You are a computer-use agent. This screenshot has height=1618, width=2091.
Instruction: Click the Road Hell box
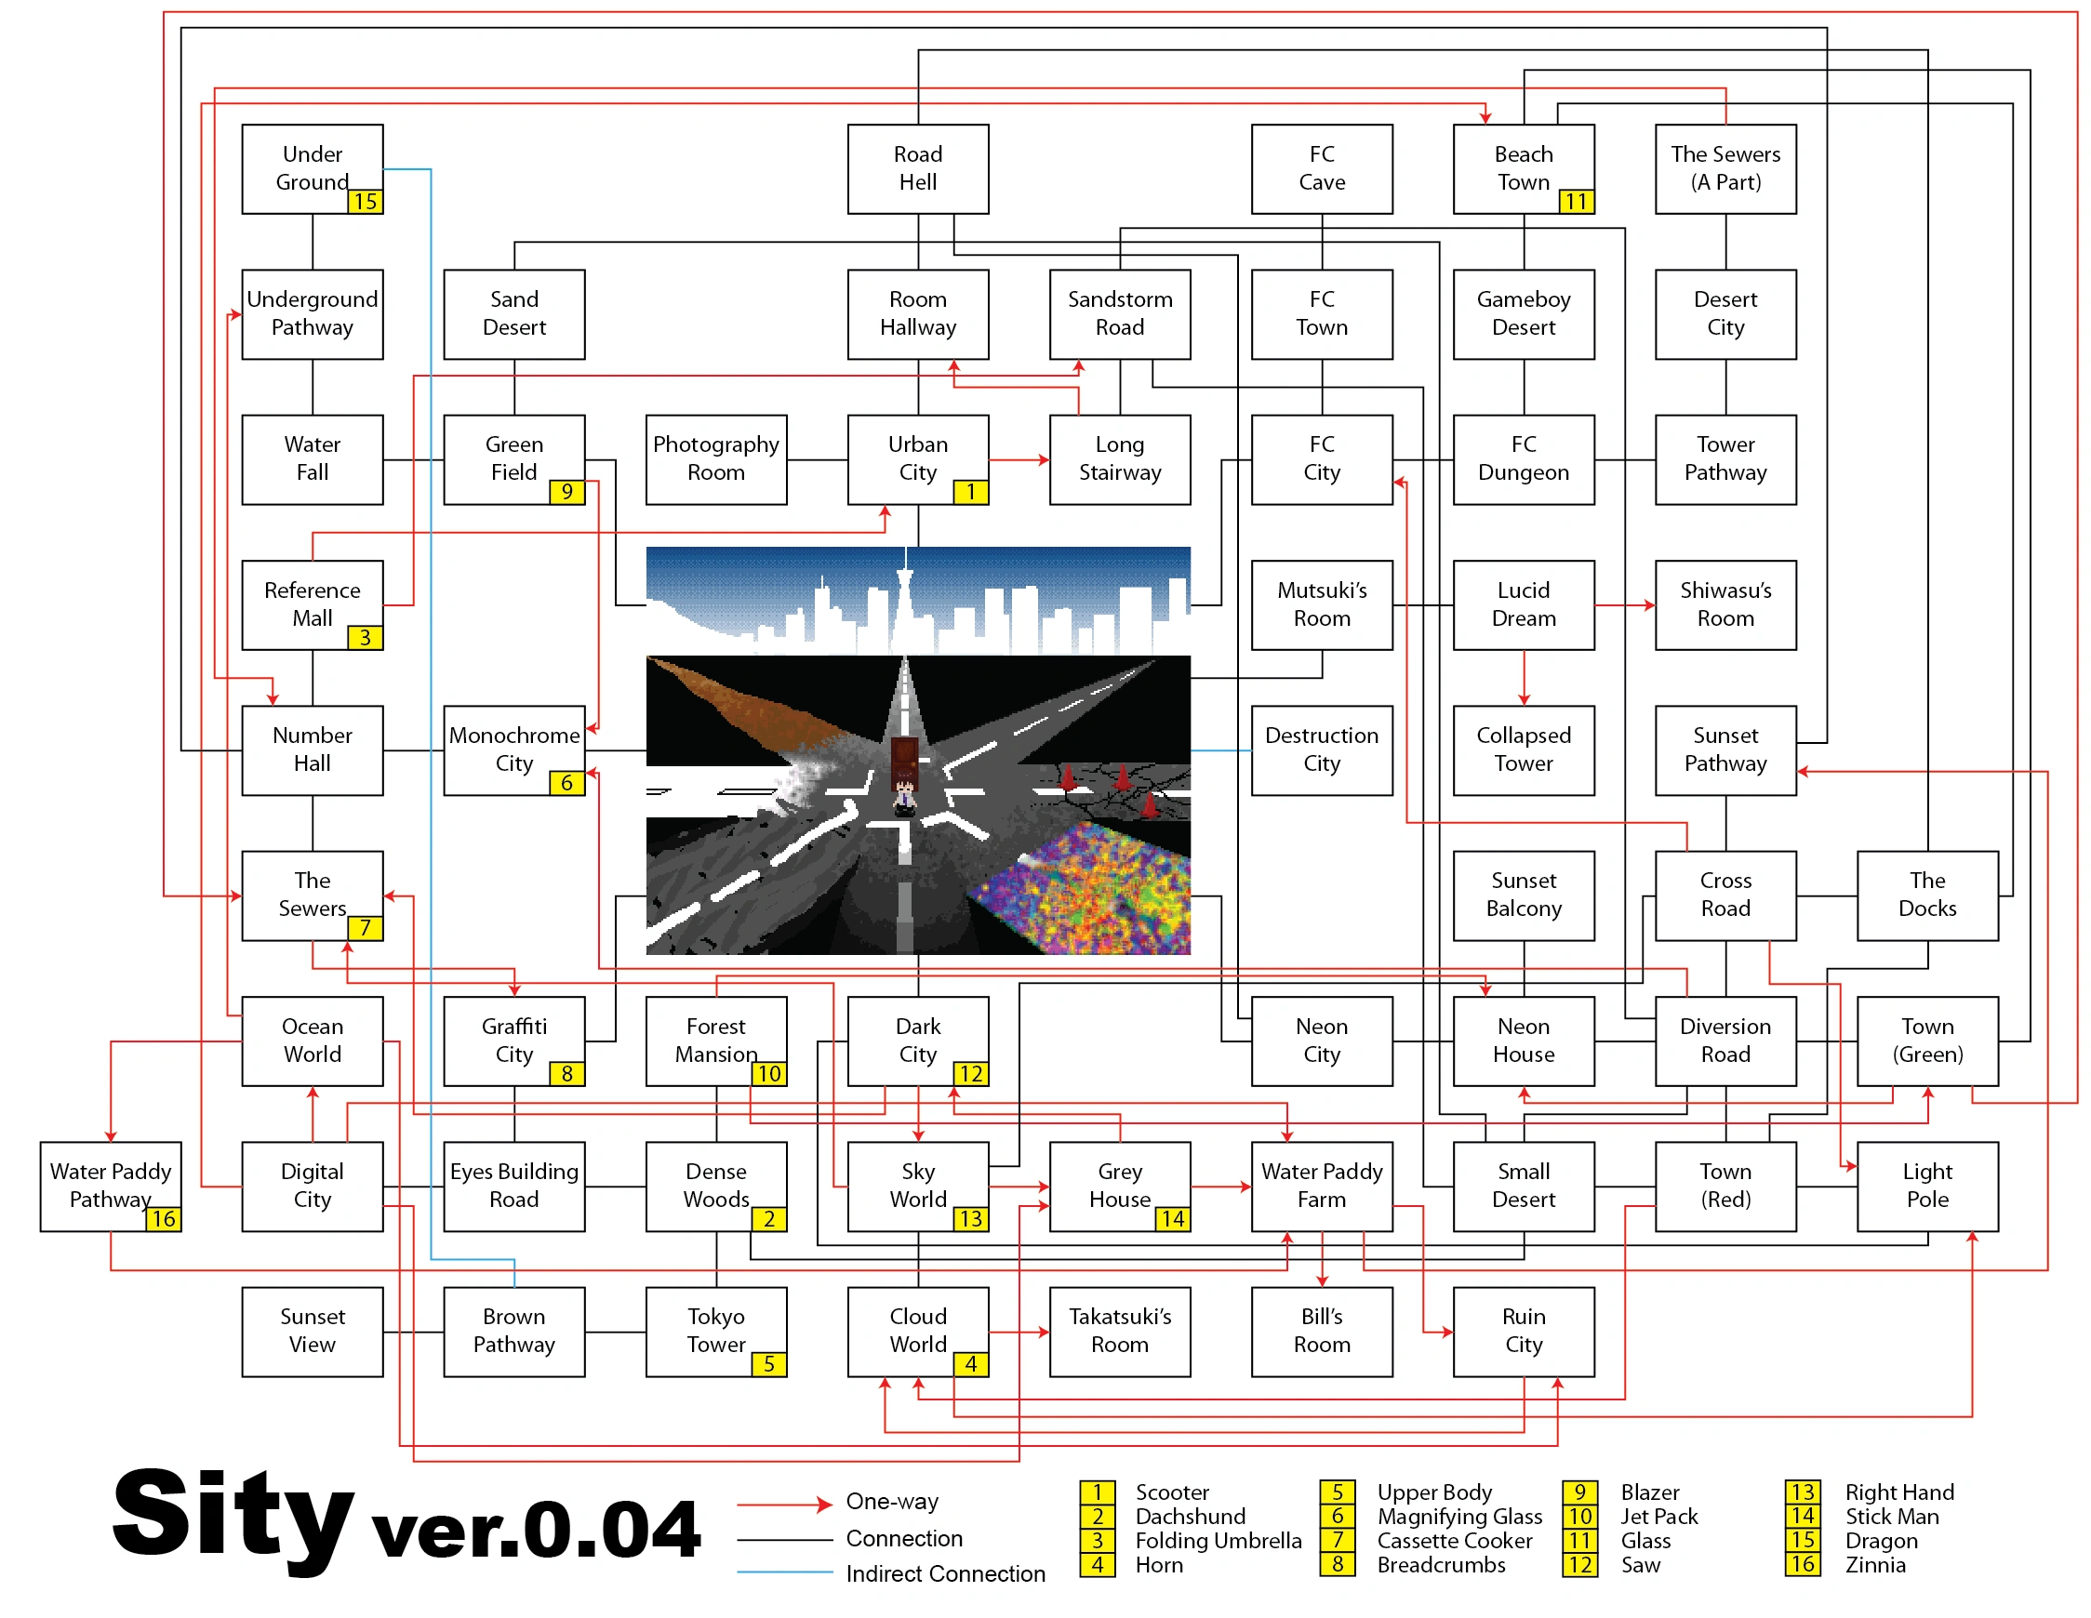coord(917,168)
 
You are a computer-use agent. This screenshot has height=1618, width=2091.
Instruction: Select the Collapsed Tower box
coord(1523,749)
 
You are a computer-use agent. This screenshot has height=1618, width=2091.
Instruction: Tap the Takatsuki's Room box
coord(1119,1331)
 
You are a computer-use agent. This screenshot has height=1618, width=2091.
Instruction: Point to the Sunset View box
coord(313,1331)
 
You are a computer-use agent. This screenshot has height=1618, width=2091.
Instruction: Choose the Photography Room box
coord(715,458)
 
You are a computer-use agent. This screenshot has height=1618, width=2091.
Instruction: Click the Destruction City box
coord(1321,749)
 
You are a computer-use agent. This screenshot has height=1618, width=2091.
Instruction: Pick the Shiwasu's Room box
coord(1725,604)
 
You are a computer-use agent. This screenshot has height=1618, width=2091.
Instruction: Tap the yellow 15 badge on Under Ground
coord(365,201)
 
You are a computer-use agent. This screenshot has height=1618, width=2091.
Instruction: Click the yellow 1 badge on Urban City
coord(970,492)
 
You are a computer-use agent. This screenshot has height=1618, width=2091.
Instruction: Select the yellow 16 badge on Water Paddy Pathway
coord(163,1219)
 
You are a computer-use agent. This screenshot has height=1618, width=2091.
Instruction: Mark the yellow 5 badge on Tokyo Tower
coord(768,1364)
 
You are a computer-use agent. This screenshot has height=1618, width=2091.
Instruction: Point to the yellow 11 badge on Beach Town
coord(1575,201)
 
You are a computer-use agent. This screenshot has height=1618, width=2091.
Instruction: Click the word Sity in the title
coord(232,1516)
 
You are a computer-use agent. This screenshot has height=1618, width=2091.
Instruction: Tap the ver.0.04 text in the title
coord(536,1529)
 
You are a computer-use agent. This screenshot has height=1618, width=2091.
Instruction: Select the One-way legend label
coord(891,1501)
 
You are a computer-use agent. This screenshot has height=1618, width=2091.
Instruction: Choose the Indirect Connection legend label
coord(945,1574)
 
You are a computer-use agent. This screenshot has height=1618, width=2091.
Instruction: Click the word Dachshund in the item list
coord(1190,1517)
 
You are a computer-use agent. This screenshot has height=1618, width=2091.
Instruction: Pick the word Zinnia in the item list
coord(1874,1565)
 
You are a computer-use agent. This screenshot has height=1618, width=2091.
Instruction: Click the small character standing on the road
coord(904,795)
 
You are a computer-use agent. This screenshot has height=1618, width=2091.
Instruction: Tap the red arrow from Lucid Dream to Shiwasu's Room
coord(1624,605)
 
